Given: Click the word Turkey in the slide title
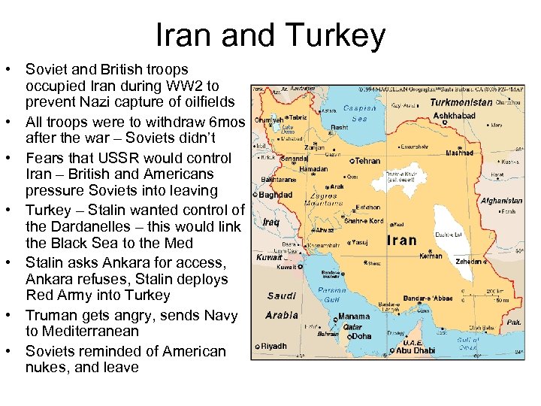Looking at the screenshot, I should [x=338, y=35].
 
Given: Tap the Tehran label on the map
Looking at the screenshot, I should [x=368, y=160].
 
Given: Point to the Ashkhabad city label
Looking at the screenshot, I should [x=455, y=116].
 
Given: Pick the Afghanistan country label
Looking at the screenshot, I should [x=501, y=201].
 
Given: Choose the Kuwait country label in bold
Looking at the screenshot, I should [x=267, y=257].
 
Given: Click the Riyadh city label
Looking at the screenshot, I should [x=276, y=346].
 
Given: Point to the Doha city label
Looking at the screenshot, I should [x=362, y=336].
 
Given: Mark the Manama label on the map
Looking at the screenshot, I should [x=354, y=317].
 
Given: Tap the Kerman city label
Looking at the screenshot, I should [x=431, y=256].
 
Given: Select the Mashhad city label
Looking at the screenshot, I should [x=459, y=153].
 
